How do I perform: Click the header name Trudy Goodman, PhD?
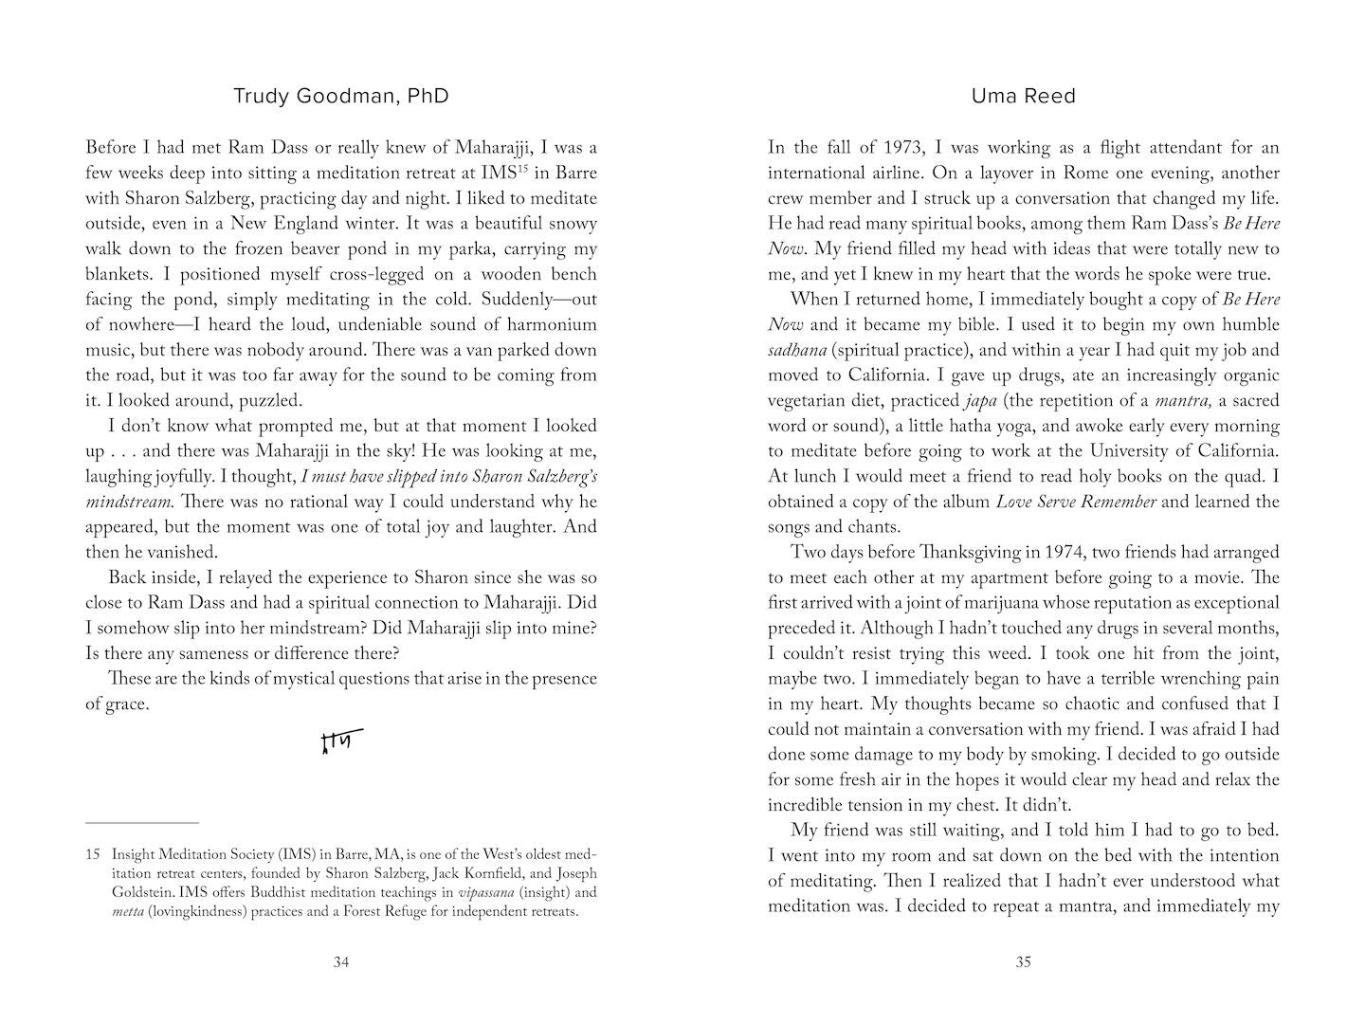[340, 96]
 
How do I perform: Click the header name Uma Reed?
[1023, 96]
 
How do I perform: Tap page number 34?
[341, 962]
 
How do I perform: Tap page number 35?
[1023, 962]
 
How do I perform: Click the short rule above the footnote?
[142, 823]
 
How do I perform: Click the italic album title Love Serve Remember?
[1076, 503]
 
